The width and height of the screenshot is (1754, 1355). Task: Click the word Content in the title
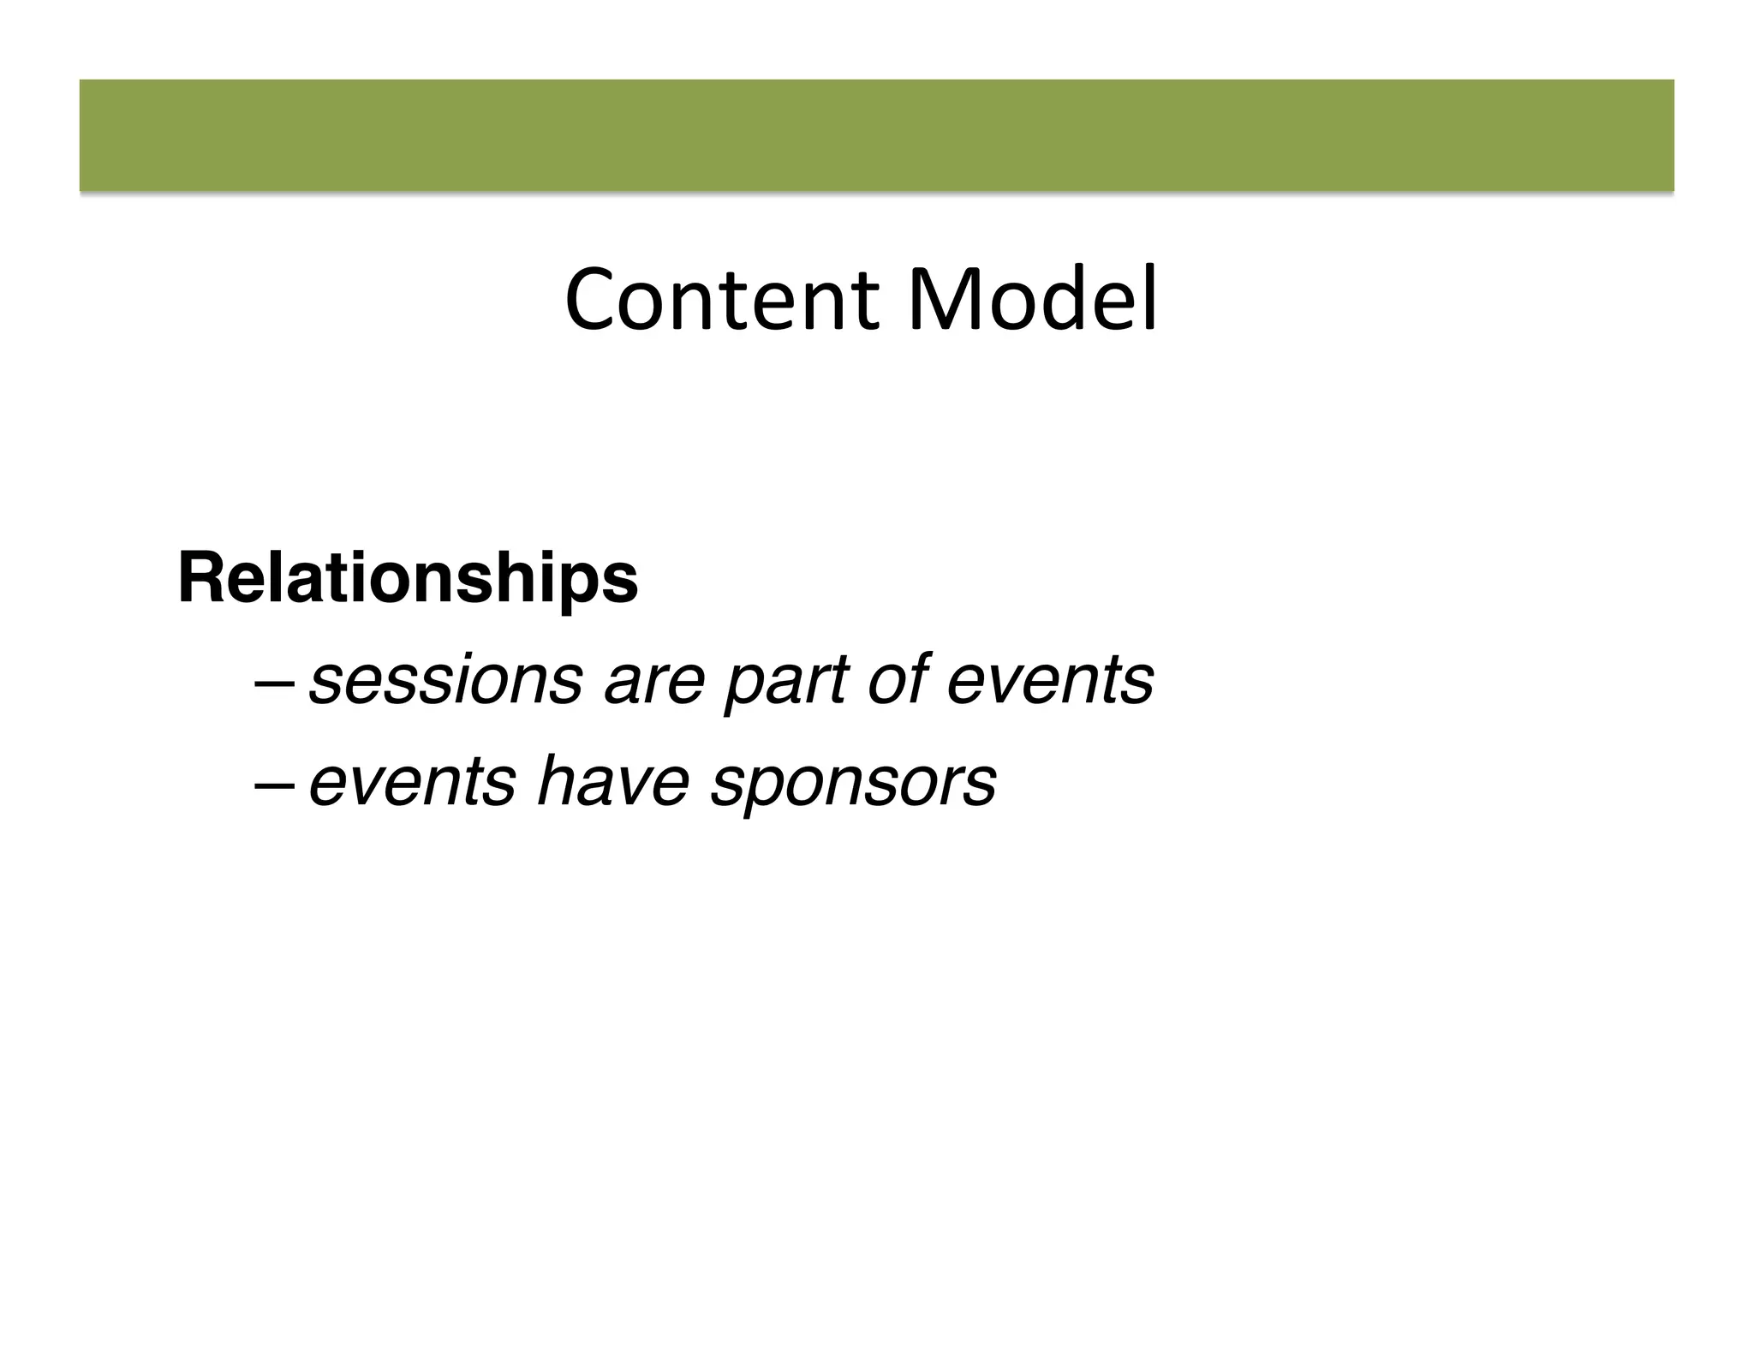721,301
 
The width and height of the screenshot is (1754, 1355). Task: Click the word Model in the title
1032,301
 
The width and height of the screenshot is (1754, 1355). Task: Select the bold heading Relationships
408,580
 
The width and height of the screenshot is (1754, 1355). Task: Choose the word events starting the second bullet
412,783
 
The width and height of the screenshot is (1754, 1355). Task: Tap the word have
612,783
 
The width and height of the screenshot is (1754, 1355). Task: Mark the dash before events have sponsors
274,785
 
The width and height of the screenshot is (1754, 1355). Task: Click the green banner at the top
876,135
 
